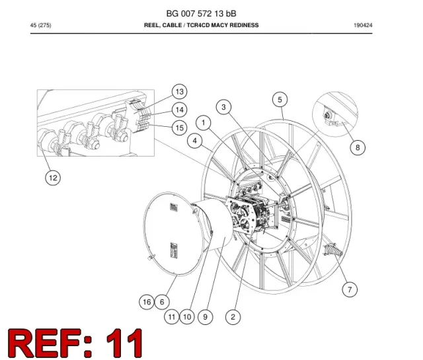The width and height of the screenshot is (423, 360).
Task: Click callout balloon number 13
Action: click(x=179, y=92)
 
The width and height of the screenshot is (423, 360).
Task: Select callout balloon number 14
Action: click(x=179, y=110)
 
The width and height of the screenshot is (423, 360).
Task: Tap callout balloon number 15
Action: click(x=179, y=127)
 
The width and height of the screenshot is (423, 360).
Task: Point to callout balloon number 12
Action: click(x=53, y=178)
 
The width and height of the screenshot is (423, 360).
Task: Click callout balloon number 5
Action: click(x=280, y=100)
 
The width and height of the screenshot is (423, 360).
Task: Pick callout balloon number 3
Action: click(x=223, y=107)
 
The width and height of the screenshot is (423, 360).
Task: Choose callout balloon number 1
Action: click(x=204, y=123)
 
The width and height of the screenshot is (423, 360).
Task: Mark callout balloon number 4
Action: click(x=195, y=141)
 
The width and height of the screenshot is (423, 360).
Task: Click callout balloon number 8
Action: click(x=358, y=147)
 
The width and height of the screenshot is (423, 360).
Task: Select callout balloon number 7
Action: click(x=350, y=289)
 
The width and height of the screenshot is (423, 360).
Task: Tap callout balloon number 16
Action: click(x=147, y=302)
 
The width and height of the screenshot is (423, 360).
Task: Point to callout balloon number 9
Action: click(x=205, y=317)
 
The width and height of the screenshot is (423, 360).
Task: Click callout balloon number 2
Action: click(x=233, y=317)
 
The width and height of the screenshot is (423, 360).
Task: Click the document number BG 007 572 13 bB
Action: click(x=201, y=13)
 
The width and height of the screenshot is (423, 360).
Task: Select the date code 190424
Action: click(x=363, y=25)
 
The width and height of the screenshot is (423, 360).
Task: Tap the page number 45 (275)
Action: click(x=41, y=25)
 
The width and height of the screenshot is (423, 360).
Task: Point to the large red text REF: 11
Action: click(x=75, y=343)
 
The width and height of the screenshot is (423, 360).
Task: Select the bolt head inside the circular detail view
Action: click(x=327, y=116)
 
